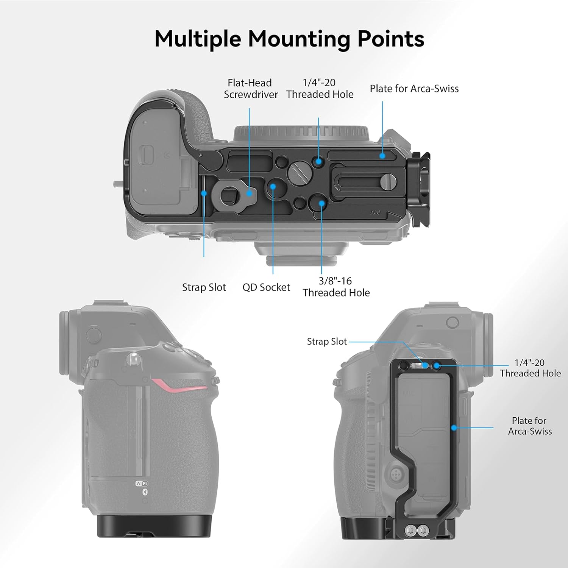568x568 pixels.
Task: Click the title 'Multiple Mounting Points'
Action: tap(289, 39)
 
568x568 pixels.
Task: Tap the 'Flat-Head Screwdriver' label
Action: tap(250, 89)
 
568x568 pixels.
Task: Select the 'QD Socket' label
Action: tap(266, 287)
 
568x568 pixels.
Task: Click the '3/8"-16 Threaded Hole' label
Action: tap(336, 287)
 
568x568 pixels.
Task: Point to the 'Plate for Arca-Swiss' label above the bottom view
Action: tap(414, 89)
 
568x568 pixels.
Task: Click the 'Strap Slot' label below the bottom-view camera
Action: tap(204, 287)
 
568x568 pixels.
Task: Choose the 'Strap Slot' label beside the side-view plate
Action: tap(326, 342)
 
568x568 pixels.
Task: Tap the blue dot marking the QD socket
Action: tap(273, 186)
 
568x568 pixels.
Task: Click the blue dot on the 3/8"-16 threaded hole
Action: tap(321, 203)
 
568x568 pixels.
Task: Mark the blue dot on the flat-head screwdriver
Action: tap(249, 193)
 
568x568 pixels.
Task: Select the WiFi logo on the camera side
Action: tap(142, 484)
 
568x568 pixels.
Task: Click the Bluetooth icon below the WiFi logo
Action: tap(145, 492)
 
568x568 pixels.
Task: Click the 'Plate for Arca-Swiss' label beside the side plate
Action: tap(529, 426)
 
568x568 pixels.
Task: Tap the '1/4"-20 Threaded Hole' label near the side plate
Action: tap(530, 368)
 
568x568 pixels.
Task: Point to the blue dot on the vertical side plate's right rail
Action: tap(453, 428)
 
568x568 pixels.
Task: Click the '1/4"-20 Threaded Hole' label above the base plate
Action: tap(320, 89)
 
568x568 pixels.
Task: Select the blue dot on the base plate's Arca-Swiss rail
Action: tap(382, 155)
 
